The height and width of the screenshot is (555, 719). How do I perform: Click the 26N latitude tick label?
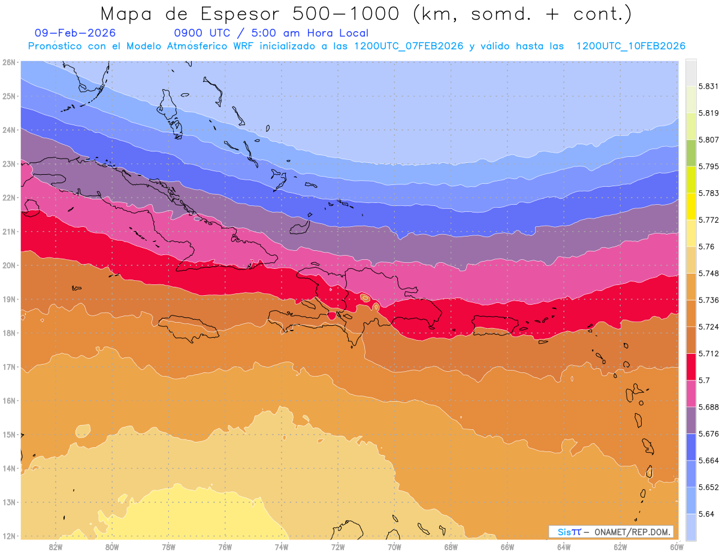[8, 62]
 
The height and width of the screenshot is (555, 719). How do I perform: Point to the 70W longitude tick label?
[394, 546]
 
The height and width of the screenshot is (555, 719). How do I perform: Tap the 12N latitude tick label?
[8, 536]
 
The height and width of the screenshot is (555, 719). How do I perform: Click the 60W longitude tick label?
[676, 546]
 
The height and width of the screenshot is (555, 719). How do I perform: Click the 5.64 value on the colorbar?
[705, 514]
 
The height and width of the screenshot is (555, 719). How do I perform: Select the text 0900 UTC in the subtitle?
[201, 34]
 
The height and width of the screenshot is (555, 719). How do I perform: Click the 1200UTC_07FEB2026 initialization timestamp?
[409, 46]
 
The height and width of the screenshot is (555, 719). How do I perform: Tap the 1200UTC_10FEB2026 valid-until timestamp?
[630, 46]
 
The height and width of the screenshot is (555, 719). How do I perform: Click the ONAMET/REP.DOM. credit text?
[633, 532]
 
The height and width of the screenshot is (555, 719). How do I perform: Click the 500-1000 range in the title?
[349, 14]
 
